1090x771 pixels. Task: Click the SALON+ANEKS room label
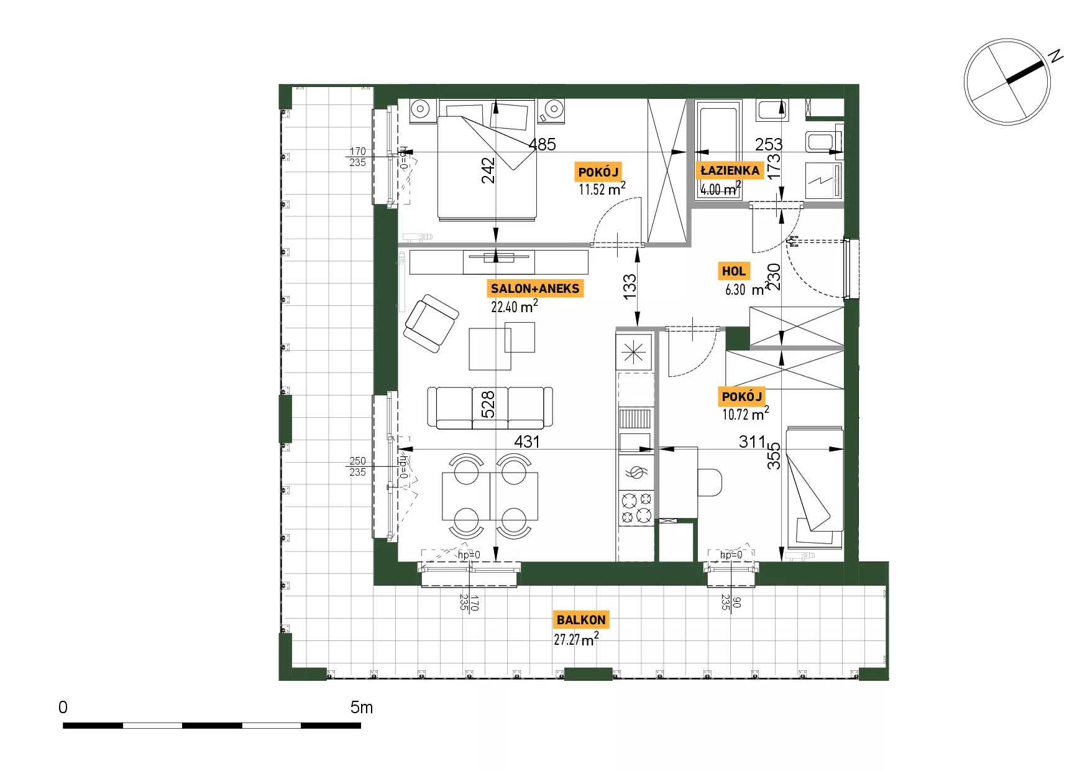pyautogui.click(x=535, y=289)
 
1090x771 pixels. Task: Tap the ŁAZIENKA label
pyautogui.click(x=730, y=170)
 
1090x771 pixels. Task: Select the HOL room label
pyautogui.click(x=734, y=271)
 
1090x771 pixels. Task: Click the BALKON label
pyautogui.click(x=581, y=620)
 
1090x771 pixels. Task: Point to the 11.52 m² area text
pyautogui.click(x=602, y=189)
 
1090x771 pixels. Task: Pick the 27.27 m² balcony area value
pyautogui.click(x=577, y=639)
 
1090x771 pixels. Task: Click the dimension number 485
pyautogui.click(x=542, y=144)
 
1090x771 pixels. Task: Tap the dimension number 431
pyautogui.click(x=527, y=441)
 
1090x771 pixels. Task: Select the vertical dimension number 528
pyautogui.click(x=488, y=404)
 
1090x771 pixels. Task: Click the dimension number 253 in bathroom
pyautogui.click(x=768, y=144)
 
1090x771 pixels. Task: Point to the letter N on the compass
pyautogui.click(x=1056, y=56)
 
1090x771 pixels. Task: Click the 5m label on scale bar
pyautogui.click(x=361, y=707)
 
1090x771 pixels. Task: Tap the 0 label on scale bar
pyautogui.click(x=63, y=707)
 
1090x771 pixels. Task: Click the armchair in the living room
pyautogui.click(x=431, y=323)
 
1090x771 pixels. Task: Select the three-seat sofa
pyautogui.click(x=490, y=407)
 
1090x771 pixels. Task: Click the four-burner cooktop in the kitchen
pyautogui.click(x=636, y=507)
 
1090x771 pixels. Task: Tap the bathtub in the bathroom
pyautogui.click(x=718, y=150)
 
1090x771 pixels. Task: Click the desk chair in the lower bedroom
pyautogui.click(x=710, y=482)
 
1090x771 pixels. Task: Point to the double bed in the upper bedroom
pyautogui.click(x=487, y=159)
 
